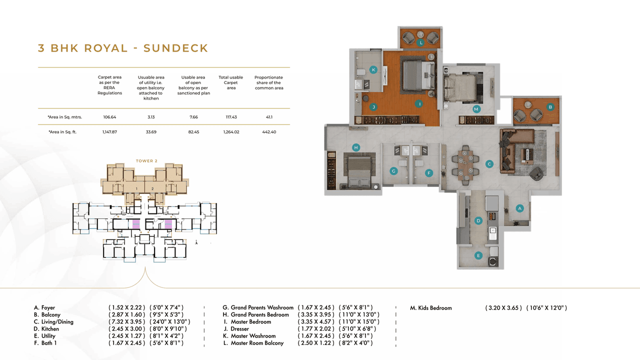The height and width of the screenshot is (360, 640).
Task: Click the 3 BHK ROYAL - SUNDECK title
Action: pos(123,48)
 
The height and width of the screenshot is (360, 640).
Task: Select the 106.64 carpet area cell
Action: pos(109,117)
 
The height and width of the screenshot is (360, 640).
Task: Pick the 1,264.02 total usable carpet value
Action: pos(230,132)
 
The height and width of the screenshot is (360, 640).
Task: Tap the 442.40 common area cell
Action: pos(268,132)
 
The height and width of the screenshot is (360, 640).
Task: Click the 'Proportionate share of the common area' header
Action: pos(268,82)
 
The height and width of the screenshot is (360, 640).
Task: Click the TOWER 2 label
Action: pos(146,161)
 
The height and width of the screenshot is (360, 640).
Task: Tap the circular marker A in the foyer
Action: pos(519,208)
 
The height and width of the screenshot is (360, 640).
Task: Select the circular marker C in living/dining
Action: pos(489,163)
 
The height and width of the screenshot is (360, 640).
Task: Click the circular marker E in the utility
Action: pos(478,255)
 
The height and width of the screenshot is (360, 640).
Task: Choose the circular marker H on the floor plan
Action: pos(356,147)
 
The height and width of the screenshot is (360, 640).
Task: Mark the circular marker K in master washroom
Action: pos(373,70)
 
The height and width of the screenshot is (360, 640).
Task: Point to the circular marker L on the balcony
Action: pos(421,43)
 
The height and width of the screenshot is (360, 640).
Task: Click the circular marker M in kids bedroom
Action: pos(476,108)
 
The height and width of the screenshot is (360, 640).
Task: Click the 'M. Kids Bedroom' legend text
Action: pos(430,308)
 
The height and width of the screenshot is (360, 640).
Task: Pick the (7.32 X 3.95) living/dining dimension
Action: pos(127,322)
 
